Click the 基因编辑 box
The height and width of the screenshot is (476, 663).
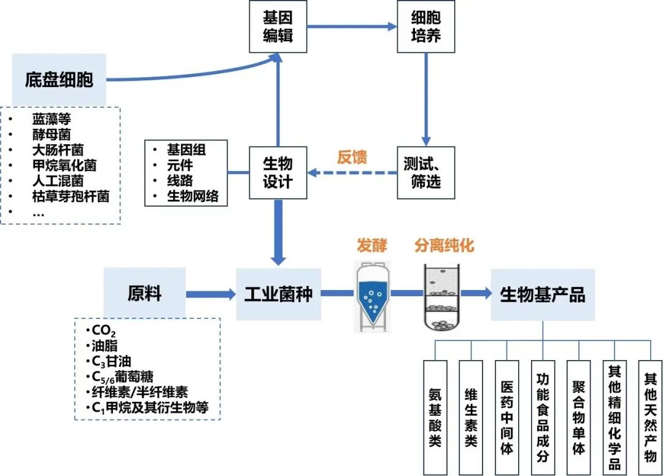tap(277, 26)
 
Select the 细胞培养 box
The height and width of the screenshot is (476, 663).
tap(425, 26)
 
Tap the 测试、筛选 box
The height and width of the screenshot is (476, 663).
tap(425, 172)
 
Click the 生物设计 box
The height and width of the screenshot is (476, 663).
tap(277, 172)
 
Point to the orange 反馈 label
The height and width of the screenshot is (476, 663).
tap(352, 157)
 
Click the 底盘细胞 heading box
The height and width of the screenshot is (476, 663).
tap(59, 79)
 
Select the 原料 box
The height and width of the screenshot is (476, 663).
tap(144, 293)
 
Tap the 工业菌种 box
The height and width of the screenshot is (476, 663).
tap(278, 294)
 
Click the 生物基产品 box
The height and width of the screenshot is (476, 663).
tap(543, 294)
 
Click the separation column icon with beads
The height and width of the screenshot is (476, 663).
tap(443, 297)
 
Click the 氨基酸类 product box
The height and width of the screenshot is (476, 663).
tap(435, 417)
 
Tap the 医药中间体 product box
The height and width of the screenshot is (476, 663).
tap(507, 417)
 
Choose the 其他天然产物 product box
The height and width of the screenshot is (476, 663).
tap(650, 417)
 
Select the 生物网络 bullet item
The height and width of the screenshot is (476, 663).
tap(193, 196)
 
